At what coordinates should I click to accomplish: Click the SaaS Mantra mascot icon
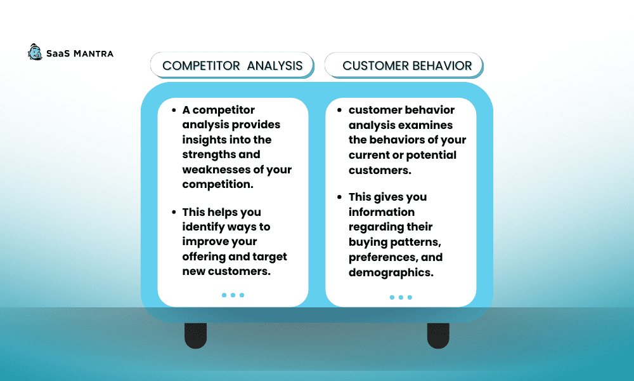(35, 52)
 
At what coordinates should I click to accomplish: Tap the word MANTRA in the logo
(93, 53)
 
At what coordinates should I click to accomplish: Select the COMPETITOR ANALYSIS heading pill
(232, 65)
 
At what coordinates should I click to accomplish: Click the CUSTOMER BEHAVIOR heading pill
(404, 65)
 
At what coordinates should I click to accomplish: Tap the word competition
(217, 185)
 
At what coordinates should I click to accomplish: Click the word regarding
(373, 227)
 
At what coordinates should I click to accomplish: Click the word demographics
(391, 273)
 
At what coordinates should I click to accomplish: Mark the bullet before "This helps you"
(174, 211)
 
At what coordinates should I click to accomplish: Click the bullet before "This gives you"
(339, 197)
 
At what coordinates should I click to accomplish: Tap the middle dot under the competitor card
(233, 295)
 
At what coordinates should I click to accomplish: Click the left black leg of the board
(196, 336)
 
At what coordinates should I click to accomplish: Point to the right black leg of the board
(438, 336)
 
